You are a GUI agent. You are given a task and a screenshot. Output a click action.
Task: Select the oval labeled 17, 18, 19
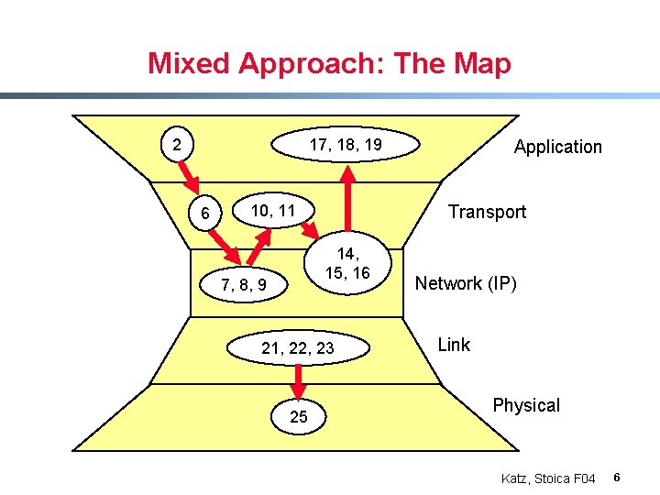point(345,145)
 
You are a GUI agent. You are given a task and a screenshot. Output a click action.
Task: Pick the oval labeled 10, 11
point(273,211)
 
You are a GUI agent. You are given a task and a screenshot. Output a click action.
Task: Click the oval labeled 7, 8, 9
point(244,285)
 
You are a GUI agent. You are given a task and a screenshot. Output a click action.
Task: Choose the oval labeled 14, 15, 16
point(353,264)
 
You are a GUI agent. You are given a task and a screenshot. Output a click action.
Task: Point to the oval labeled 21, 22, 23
point(298,347)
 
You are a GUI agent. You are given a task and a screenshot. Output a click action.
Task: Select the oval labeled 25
point(299,417)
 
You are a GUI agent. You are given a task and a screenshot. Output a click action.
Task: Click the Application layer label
point(557,147)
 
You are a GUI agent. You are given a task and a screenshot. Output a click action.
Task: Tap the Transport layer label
point(487,212)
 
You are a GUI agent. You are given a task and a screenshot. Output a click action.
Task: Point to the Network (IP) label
point(466,283)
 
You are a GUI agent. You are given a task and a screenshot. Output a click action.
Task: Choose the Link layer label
point(454,345)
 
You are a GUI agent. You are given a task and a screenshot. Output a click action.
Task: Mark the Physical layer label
point(526,405)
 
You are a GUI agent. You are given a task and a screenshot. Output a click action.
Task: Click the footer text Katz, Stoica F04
point(548,478)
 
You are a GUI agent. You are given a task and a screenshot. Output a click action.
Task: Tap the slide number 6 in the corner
point(618,478)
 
